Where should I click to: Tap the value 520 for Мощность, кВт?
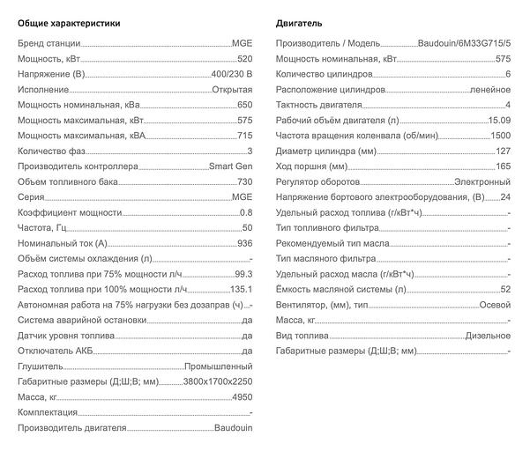coord(245,58)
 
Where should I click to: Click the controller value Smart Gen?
coord(231,166)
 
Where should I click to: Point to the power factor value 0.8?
coord(246,213)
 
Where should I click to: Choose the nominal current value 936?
coord(245,244)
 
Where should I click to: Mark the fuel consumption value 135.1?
coord(241,290)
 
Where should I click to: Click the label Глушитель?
coord(41,366)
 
